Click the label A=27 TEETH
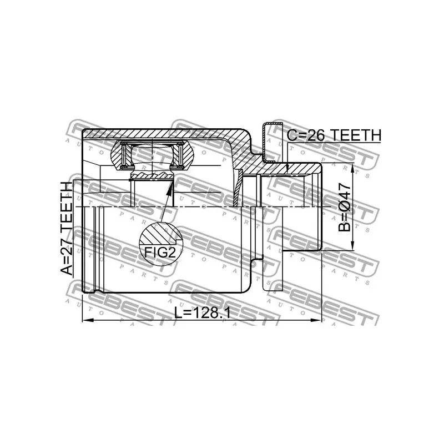(66, 228)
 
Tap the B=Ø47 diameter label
(345, 206)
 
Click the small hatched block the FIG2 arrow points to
(152, 176)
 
